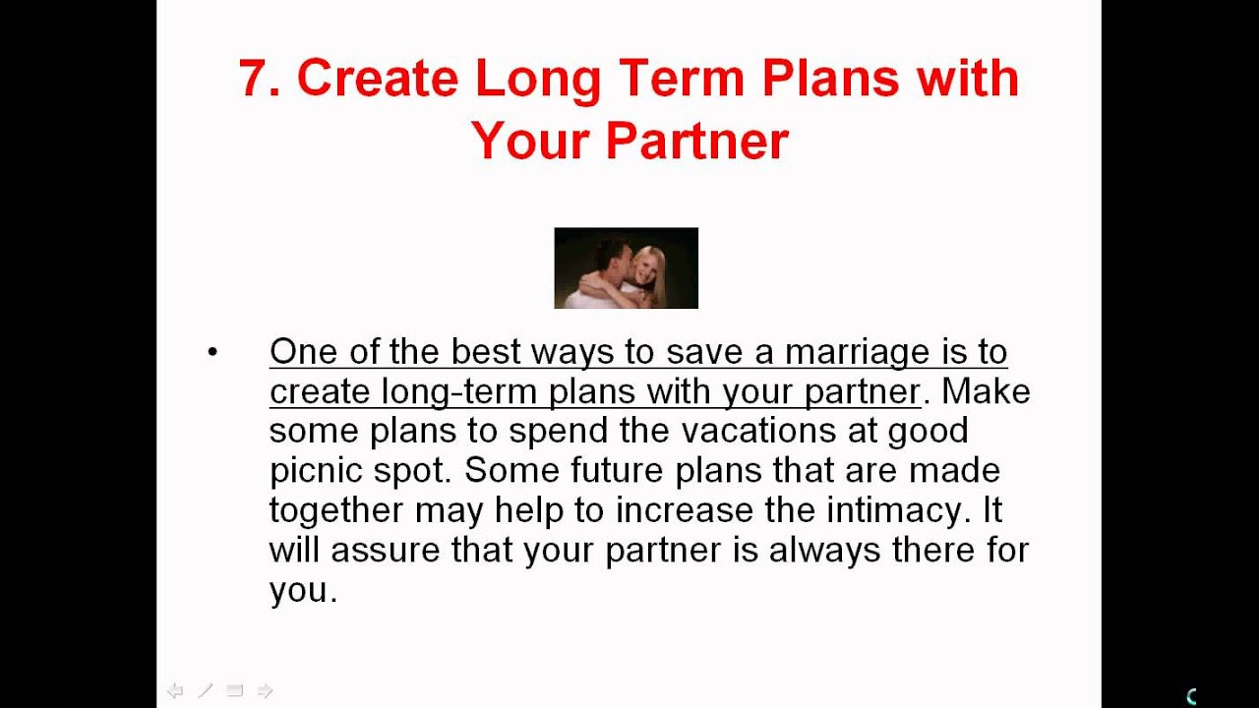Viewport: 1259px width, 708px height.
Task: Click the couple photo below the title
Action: tap(626, 268)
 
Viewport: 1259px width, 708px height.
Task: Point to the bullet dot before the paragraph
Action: tap(212, 353)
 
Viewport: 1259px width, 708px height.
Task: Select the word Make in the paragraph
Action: tap(986, 391)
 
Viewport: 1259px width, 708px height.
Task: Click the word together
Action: tap(336, 510)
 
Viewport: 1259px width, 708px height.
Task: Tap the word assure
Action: tap(386, 549)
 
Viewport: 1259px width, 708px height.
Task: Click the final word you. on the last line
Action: tap(303, 590)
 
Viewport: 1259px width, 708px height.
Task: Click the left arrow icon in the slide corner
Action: tap(175, 691)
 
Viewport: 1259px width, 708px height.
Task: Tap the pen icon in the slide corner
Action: tap(205, 691)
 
